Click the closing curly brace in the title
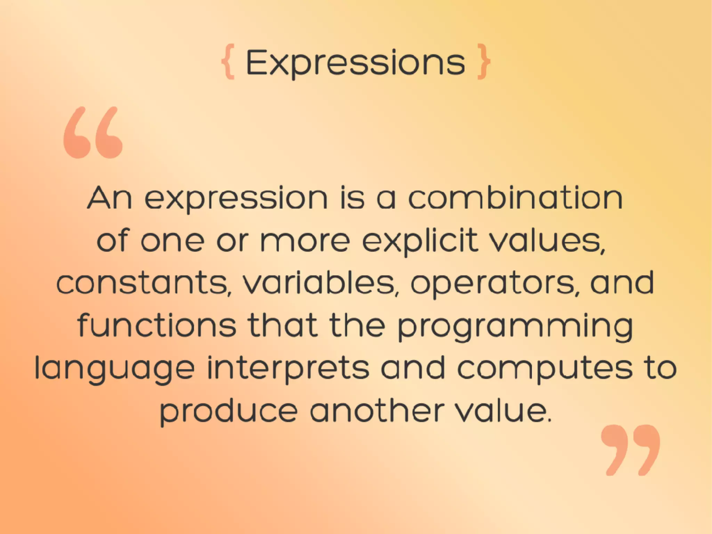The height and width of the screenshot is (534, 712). pyautogui.click(x=484, y=62)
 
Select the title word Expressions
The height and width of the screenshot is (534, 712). pyautogui.click(x=355, y=63)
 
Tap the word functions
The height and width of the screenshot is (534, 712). pyautogui.click(x=157, y=325)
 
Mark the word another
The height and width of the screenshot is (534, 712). pyautogui.click(x=377, y=411)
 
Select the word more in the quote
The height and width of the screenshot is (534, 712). pyautogui.click(x=305, y=241)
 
